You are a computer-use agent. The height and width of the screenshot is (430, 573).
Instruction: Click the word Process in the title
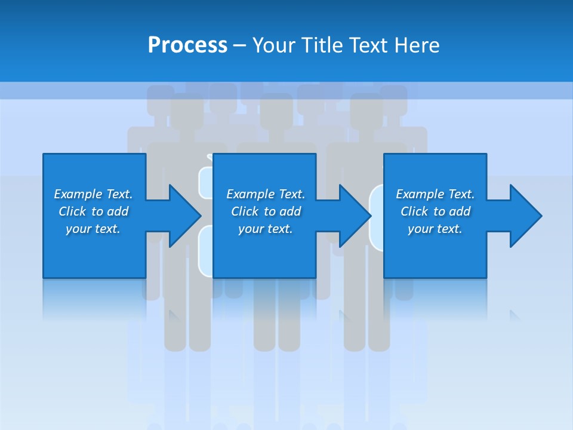187,45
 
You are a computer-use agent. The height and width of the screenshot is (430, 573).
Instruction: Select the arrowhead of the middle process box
354,216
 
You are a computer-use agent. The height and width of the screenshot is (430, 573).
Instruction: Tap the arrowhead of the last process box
525,216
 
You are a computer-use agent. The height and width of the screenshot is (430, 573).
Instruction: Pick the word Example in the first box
78,194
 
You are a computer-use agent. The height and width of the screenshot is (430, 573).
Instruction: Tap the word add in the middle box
290,211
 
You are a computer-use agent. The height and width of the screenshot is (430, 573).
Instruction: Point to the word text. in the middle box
279,229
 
